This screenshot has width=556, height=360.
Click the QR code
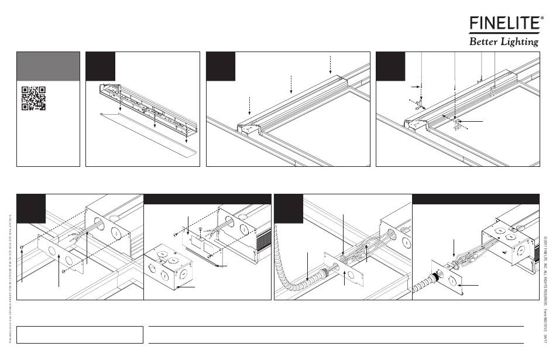[x=33, y=98]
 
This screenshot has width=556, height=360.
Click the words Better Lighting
[x=503, y=42]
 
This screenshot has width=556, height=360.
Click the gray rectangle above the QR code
[x=48, y=66]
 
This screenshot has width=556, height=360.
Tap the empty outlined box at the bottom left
[x=80, y=334]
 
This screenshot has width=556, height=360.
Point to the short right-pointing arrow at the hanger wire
[x=418, y=86]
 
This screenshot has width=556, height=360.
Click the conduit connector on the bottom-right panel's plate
[x=436, y=274]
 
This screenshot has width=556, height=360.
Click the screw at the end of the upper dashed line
[x=22, y=248]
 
